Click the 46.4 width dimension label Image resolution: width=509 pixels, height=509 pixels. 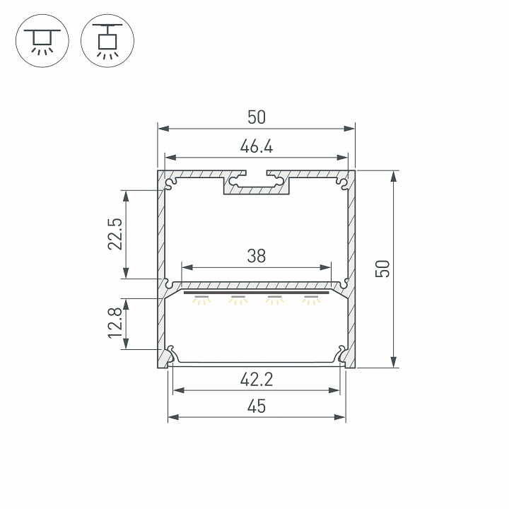coord(257,146)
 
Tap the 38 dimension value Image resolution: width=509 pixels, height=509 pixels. coord(257,256)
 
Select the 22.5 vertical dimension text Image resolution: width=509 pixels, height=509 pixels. coord(115,234)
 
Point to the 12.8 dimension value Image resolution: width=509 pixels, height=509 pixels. coord(115,322)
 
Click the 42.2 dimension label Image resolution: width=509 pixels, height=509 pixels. coord(257,379)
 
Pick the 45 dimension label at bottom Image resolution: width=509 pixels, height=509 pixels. coord(257,406)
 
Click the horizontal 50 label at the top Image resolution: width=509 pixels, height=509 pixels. coord(257,117)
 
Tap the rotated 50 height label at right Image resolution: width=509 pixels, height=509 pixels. coord(382,269)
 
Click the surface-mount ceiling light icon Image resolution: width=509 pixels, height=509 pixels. coord(42,41)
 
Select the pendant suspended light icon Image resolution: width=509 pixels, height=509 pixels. coord(107,41)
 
